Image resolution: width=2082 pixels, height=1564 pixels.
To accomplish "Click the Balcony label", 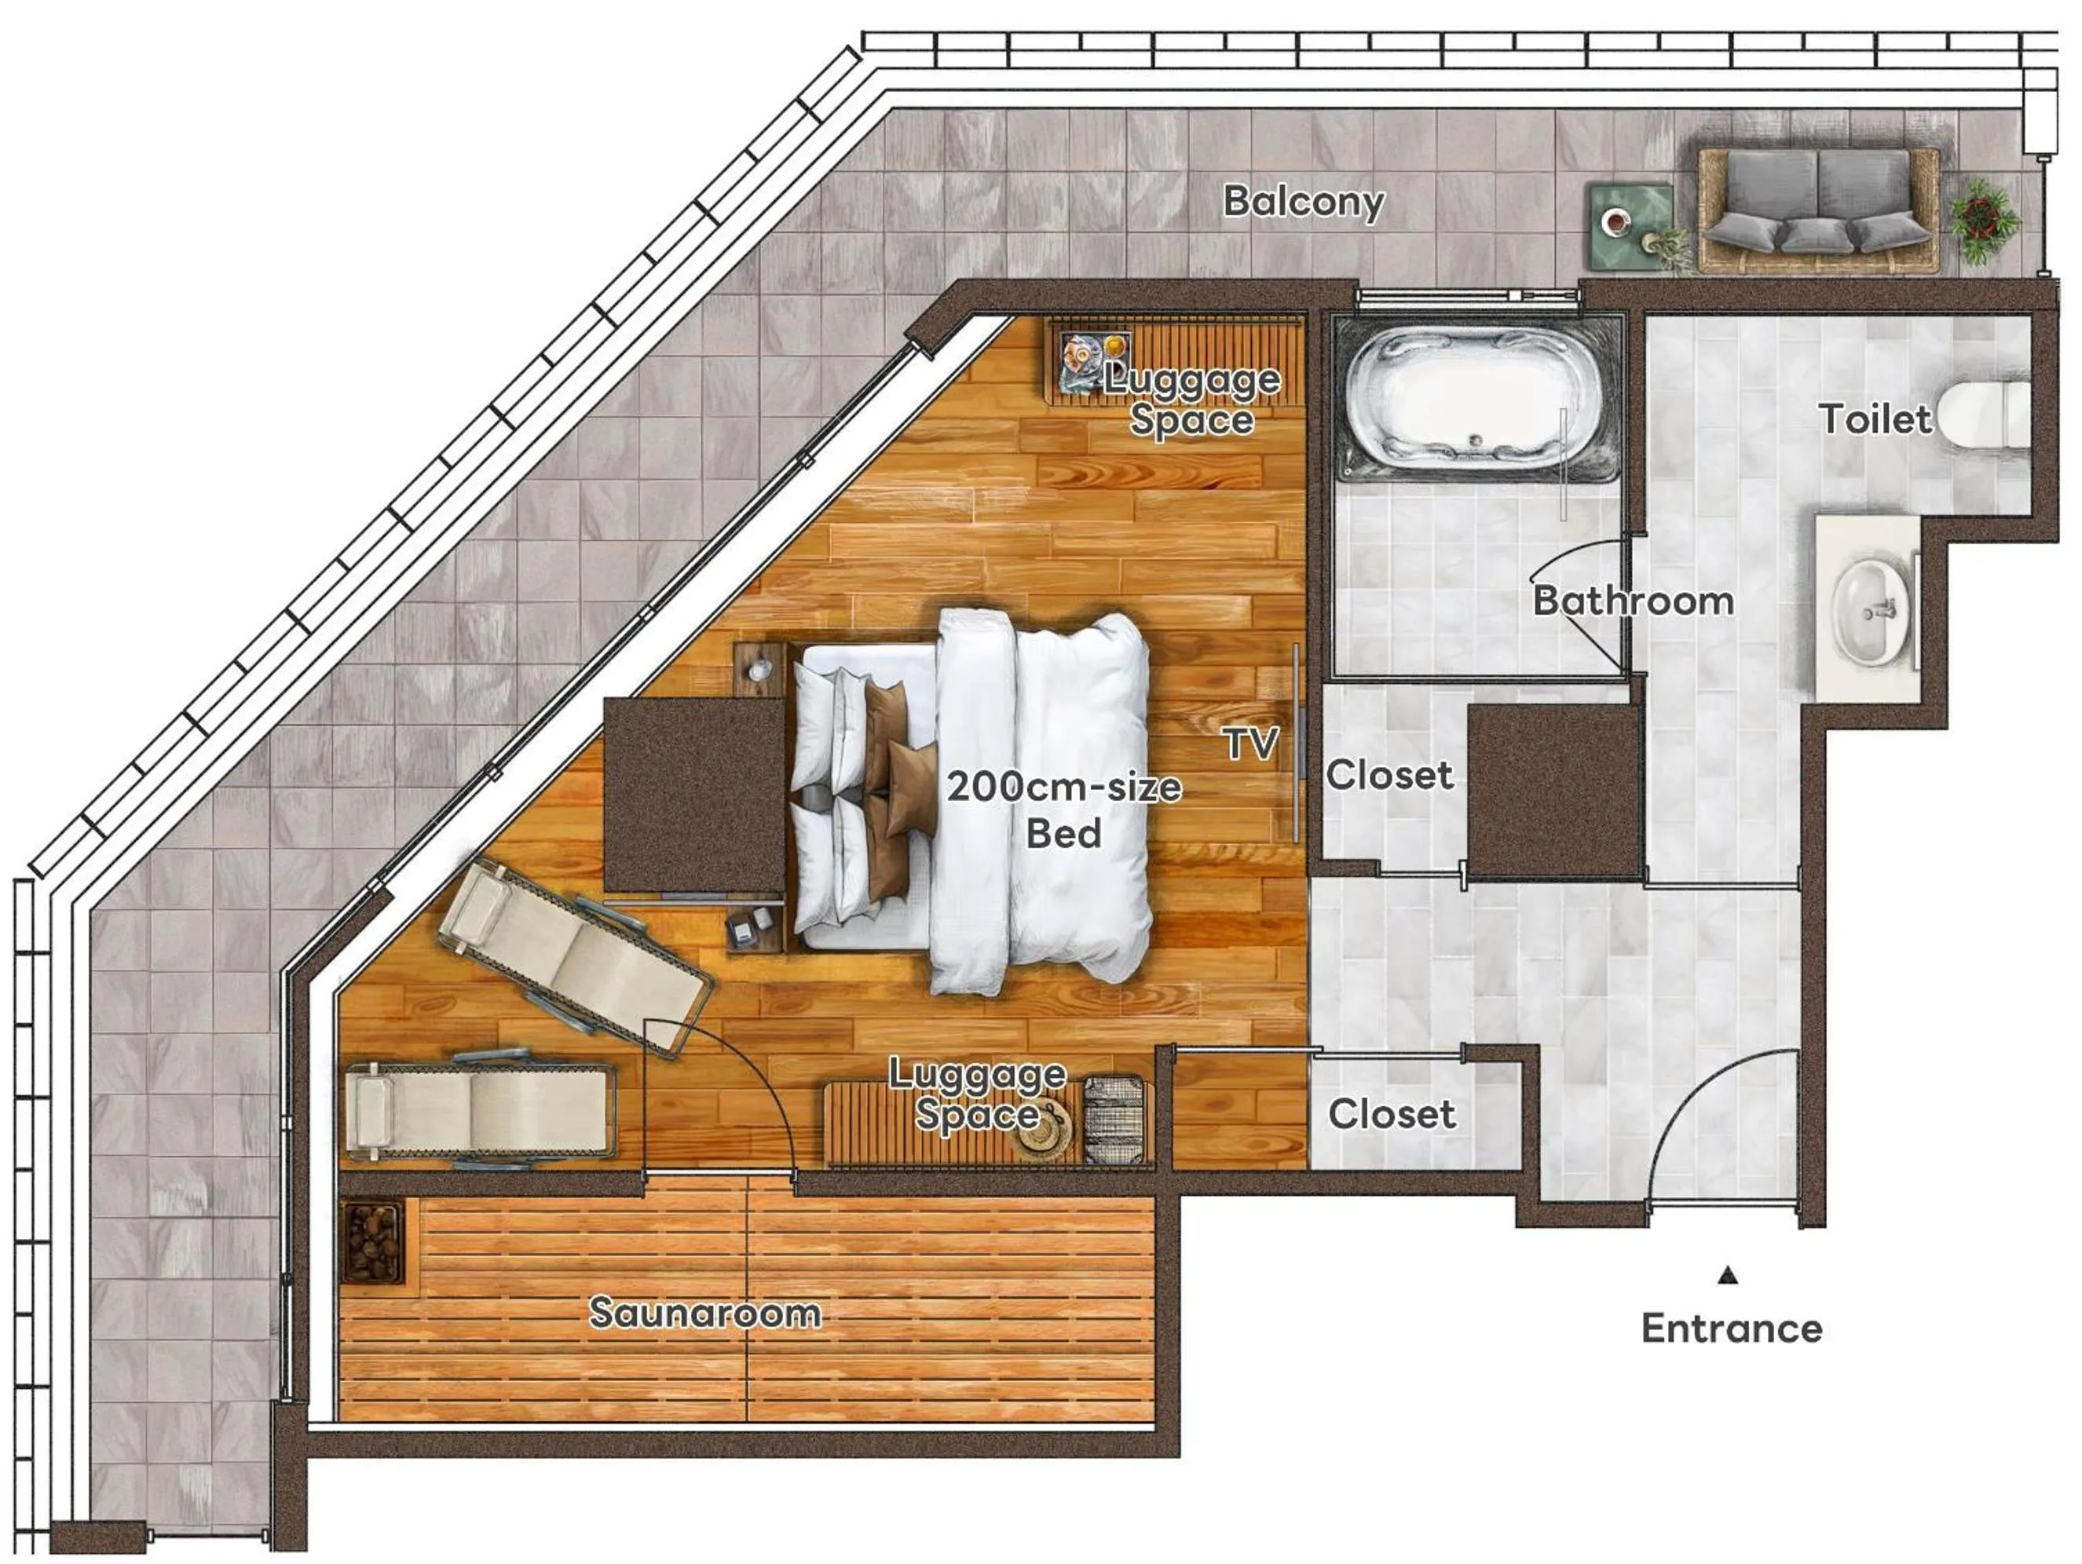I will [1303, 200].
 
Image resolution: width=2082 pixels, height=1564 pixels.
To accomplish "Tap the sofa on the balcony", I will [1817, 209].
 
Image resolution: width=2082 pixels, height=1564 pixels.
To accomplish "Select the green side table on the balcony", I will [1630, 224].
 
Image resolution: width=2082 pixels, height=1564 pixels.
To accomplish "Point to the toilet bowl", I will [1981, 417].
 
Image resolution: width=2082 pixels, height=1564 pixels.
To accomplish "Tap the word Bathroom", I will [1633, 601].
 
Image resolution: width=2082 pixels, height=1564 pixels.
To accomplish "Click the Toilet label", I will [1874, 418].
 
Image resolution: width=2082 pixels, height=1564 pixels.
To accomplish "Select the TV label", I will [1251, 744].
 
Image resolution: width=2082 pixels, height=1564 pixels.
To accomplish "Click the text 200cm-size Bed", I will [1063, 809].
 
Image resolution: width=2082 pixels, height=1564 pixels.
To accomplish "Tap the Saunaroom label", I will [704, 1312].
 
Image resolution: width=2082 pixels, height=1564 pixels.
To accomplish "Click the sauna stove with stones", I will [373, 1241].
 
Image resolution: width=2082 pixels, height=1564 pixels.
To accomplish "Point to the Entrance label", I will [1731, 1328].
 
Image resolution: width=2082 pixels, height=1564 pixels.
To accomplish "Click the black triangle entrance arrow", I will [1727, 1276].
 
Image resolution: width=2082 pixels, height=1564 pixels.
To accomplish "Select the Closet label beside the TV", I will [1389, 774].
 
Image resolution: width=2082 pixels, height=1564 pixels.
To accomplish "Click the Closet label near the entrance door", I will [1391, 1113].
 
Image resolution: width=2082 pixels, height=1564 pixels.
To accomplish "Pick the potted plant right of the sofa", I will [1983, 218].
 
